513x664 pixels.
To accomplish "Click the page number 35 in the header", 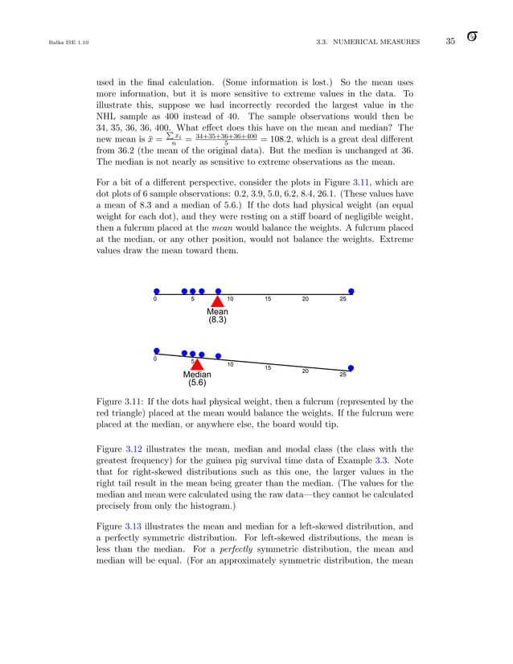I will click(x=450, y=41).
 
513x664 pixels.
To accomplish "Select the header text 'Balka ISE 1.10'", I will click(x=55, y=42).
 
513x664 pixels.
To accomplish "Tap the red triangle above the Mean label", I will click(x=217, y=301).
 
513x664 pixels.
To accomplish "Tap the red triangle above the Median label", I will click(x=193, y=364).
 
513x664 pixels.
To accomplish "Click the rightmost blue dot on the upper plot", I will click(x=351, y=291).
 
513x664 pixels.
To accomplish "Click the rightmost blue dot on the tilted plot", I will click(x=351, y=368).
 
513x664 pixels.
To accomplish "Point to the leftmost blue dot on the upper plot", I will click(x=156, y=291).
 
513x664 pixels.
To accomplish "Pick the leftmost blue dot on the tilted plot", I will click(x=156, y=350).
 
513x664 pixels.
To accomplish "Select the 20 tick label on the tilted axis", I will click(x=306, y=371).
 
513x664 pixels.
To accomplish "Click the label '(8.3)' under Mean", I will click(x=217, y=320).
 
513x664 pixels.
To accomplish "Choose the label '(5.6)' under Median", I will click(x=197, y=383).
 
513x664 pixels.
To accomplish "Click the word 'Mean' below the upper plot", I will click(x=217, y=311).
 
